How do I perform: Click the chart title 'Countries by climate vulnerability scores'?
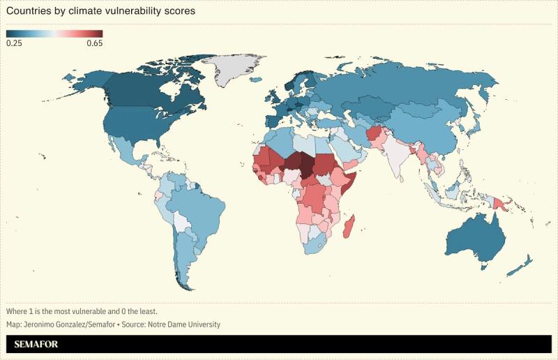(100, 12)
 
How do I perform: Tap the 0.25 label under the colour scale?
(14, 43)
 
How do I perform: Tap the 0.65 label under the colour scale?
(94, 43)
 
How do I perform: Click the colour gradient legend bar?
(54, 33)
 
